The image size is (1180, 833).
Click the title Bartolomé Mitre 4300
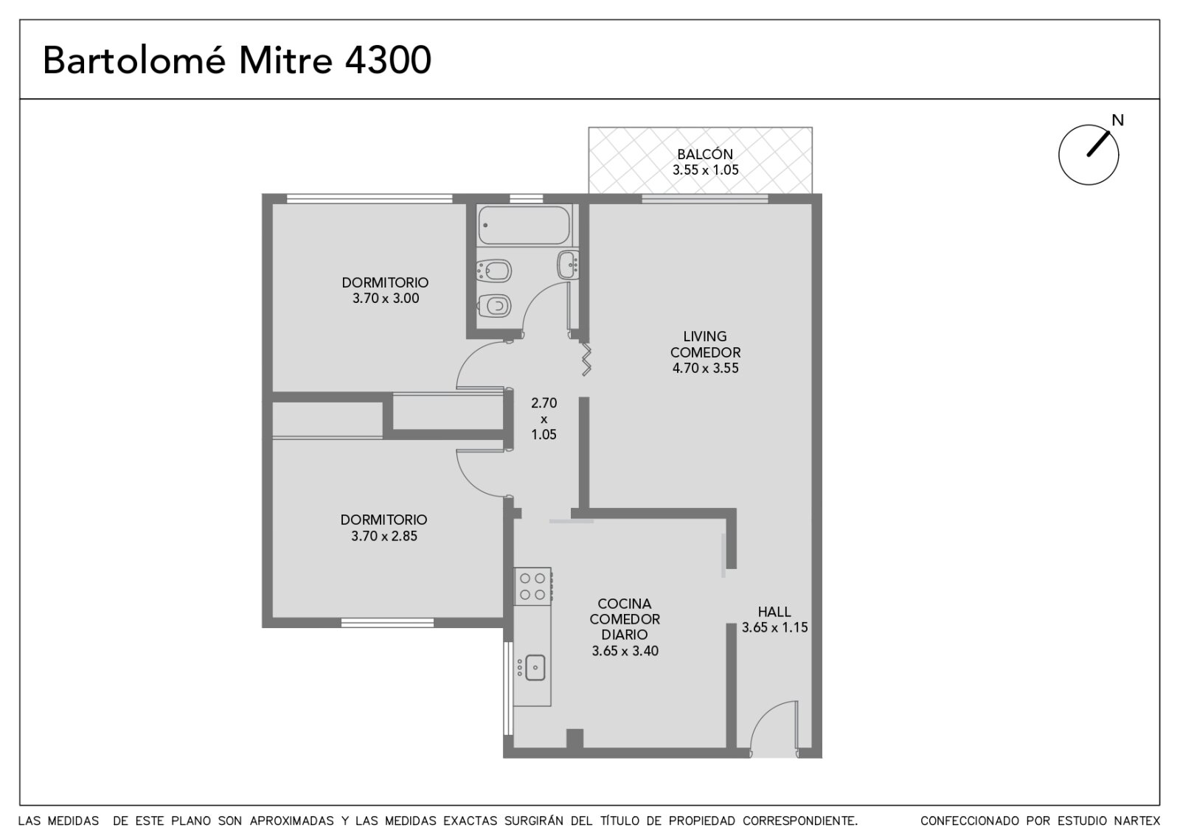(x=237, y=60)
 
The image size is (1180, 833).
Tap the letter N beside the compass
(x=1117, y=121)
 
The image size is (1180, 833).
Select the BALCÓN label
(x=705, y=154)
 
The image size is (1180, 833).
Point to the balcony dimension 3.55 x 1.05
(x=705, y=170)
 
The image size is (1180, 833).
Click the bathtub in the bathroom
(x=524, y=226)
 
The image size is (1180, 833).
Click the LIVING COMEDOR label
(x=705, y=344)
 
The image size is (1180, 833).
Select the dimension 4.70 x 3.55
(x=705, y=368)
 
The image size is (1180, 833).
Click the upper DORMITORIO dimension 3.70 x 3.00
(x=386, y=299)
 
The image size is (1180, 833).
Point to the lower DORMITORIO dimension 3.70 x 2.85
(x=384, y=537)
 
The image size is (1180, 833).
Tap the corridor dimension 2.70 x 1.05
(x=544, y=419)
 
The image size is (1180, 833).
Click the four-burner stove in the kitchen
(x=532, y=586)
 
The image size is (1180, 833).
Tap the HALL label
(x=774, y=612)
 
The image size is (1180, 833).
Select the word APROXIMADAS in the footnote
(x=291, y=821)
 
